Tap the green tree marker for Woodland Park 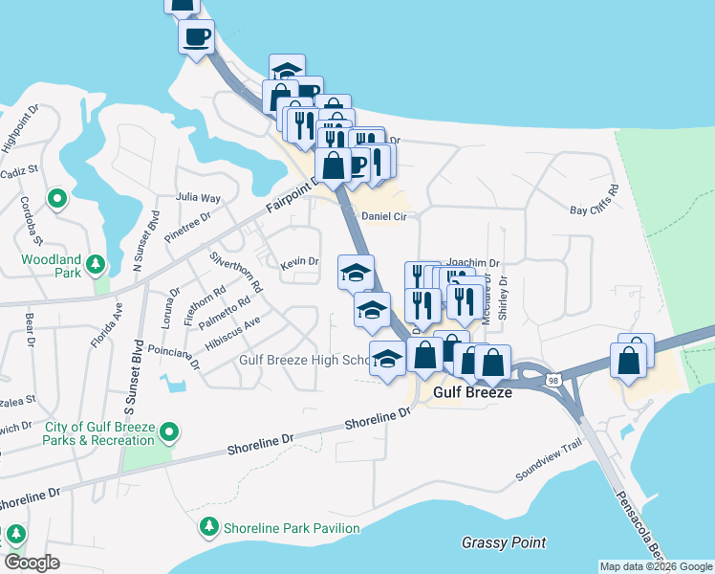coord(95,263)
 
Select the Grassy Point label coord(504,542)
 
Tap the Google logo coord(32,563)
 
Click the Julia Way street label coord(199,198)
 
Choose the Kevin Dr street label coord(298,262)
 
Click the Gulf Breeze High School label coord(304,361)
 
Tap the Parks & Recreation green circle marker coord(169,433)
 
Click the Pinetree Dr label coord(187,229)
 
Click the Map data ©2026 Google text coord(655,566)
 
